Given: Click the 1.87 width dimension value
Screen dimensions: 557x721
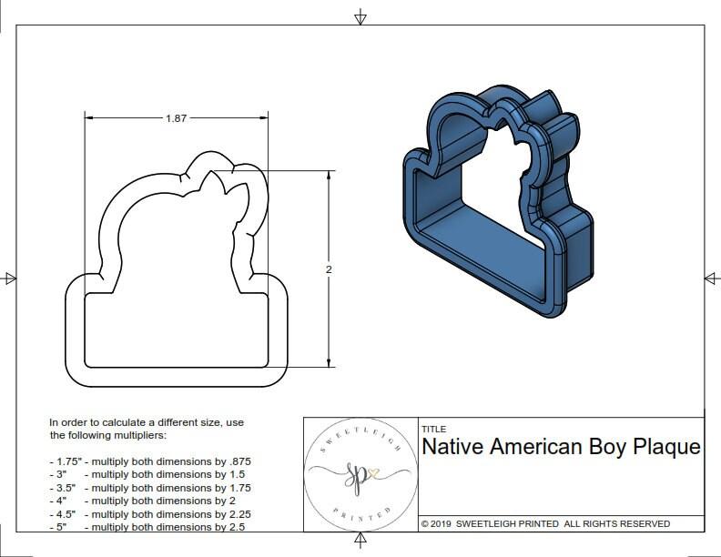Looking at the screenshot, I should (x=178, y=118).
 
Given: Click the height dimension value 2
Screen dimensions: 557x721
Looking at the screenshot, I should (x=328, y=269).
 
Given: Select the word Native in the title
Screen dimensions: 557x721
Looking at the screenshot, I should (x=452, y=447).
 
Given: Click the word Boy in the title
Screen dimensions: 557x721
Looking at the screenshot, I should (x=597, y=447).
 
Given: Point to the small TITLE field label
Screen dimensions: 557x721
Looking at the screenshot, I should (x=433, y=430).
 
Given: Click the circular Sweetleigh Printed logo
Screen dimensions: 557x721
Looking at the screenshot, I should (x=360, y=473).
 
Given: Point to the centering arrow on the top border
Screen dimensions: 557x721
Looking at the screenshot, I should (x=360, y=16).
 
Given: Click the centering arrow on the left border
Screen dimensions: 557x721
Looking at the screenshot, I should (x=9, y=278).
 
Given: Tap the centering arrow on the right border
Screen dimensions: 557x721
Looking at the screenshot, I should (x=711, y=278).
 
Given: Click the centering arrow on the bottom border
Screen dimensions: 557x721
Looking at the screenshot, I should (x=360, y=542).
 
